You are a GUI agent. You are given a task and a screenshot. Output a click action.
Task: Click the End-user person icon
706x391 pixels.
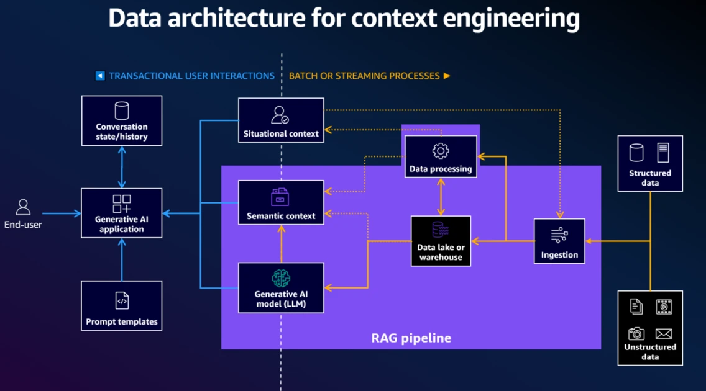tap(23, 207)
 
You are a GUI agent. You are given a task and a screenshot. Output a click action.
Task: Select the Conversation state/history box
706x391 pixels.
tap(122, 120)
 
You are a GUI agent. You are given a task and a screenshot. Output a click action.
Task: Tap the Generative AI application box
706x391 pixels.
tap(122, 213)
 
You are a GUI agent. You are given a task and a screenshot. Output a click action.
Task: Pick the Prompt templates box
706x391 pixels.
tap(122, 305)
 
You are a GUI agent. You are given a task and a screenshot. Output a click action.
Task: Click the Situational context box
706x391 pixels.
tap(281, 120)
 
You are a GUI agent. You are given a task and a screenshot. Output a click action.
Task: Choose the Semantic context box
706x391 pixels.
tap(281, 202)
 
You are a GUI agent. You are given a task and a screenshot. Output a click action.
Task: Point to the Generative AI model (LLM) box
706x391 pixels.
tap(281, 287)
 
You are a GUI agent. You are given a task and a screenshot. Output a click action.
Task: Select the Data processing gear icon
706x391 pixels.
tap(440, 150)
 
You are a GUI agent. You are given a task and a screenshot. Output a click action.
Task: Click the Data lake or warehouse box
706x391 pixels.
tap(441, 241)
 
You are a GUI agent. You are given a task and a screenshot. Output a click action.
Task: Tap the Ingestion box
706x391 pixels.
tap(559, 241)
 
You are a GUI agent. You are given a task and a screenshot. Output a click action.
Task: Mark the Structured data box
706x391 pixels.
tap(650, 163)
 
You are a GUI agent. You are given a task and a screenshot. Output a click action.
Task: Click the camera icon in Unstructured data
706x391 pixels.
tap(636, 333)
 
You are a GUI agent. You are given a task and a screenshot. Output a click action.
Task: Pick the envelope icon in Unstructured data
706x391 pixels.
tap(664, 334)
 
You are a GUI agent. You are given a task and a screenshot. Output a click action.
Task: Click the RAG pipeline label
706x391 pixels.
tap(411, 338)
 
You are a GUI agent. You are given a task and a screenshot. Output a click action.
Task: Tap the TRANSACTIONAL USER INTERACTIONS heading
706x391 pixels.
tap(191, 76)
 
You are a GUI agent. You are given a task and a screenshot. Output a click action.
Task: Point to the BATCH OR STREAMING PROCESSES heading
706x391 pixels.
tap(364, 76)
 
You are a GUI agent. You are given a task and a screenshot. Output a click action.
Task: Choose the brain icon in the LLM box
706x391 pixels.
tap(281, 278)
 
